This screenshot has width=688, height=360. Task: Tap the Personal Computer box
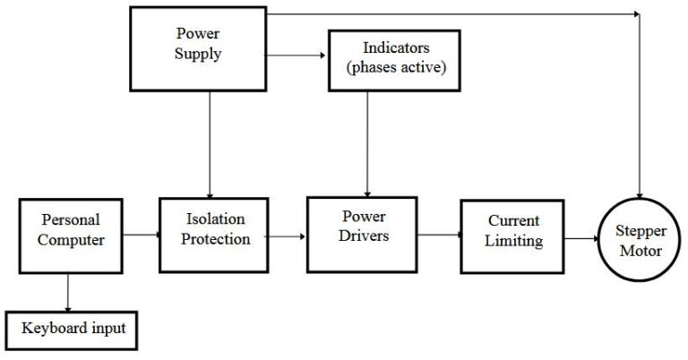point(69,235)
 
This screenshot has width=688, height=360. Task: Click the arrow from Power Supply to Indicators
point(297,55)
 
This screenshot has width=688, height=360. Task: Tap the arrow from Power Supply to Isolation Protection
point(210,143)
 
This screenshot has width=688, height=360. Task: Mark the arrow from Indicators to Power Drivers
point(367,143)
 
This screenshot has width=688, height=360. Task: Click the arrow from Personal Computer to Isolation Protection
point(140,236)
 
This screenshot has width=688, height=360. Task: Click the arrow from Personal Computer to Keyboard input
point(68,290)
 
